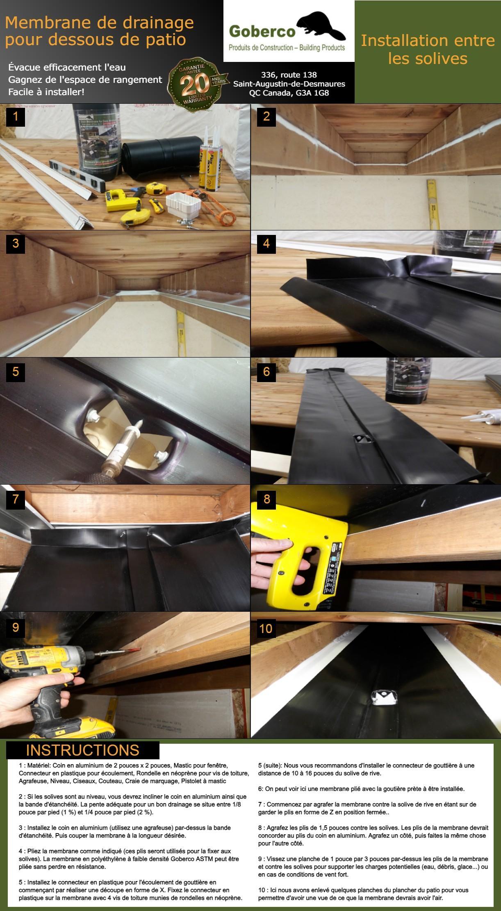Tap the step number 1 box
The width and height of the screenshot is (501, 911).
pos(16,116)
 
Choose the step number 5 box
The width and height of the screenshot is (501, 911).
pos(16,371)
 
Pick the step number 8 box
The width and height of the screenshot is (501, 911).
pos(267,499)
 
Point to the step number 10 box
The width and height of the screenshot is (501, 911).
pos(266,629)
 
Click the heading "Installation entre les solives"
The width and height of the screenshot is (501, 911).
pos(428,49)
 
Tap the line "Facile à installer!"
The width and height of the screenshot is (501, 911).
pos(46,92)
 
